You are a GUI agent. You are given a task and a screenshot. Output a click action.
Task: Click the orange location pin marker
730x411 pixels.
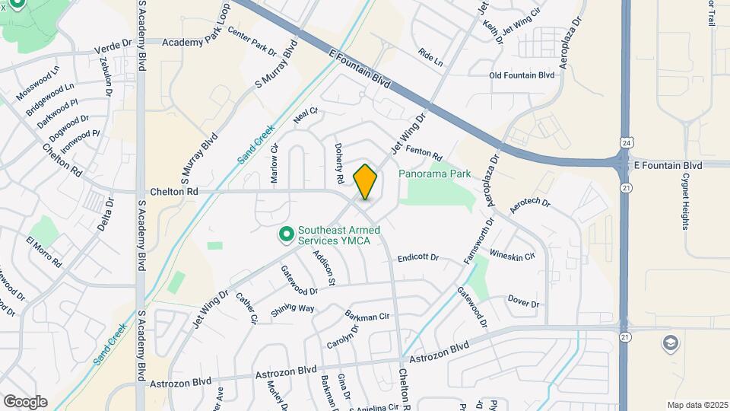pyautogui.click(x=366, y=181)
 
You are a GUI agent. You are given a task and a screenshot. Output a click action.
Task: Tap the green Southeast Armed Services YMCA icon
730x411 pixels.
pyautogui.click(x=287, y=234)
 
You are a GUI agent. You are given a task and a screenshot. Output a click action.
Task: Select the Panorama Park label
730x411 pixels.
pyautogui.click(x=435, y=174)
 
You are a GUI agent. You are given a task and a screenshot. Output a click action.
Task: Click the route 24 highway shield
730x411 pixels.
pyautogui.click(x=626, y=142)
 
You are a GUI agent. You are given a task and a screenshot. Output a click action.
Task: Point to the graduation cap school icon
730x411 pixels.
pyautogui.click(x=670, y=342)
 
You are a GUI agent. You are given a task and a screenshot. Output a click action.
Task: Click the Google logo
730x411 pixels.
pyautogui.click(x=25, y=401)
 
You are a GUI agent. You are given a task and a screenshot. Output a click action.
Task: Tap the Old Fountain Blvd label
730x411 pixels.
pyautogui.click(x=522, y=75)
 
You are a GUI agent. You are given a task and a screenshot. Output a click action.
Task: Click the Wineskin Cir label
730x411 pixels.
pyautogui.click(x=513, y=256)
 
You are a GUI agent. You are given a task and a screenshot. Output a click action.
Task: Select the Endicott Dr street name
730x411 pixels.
pyautogui.click(x=418, y=258)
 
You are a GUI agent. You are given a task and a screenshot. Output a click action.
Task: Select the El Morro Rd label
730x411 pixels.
pyautogui.click(x=44, y=251)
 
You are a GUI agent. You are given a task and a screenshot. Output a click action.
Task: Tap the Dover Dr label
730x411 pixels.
pyautogui.click(x=523, y=303)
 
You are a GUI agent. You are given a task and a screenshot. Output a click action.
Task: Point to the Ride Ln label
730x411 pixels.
pyautogui.click(x=430, y=59)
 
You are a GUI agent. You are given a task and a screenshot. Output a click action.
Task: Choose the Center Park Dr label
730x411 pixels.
pyautogui.click(x=252, y=43)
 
